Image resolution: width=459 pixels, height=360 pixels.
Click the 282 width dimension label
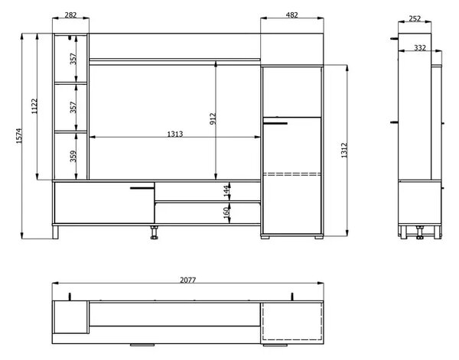point(70,15)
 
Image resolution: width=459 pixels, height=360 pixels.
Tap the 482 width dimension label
point(292,15)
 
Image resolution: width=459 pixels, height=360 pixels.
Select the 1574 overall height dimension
point(19,136)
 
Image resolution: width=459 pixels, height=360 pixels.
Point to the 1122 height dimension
point(34,106)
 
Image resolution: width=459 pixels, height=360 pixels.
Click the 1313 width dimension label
point(174,134)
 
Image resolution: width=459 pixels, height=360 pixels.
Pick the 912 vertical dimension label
point(213,118)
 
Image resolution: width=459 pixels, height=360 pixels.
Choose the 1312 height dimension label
point(344,151)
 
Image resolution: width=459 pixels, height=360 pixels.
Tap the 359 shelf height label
point(73,156)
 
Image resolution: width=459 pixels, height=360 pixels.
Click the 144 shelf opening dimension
point(226,191)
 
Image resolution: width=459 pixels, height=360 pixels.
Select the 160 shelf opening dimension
point(226,213)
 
